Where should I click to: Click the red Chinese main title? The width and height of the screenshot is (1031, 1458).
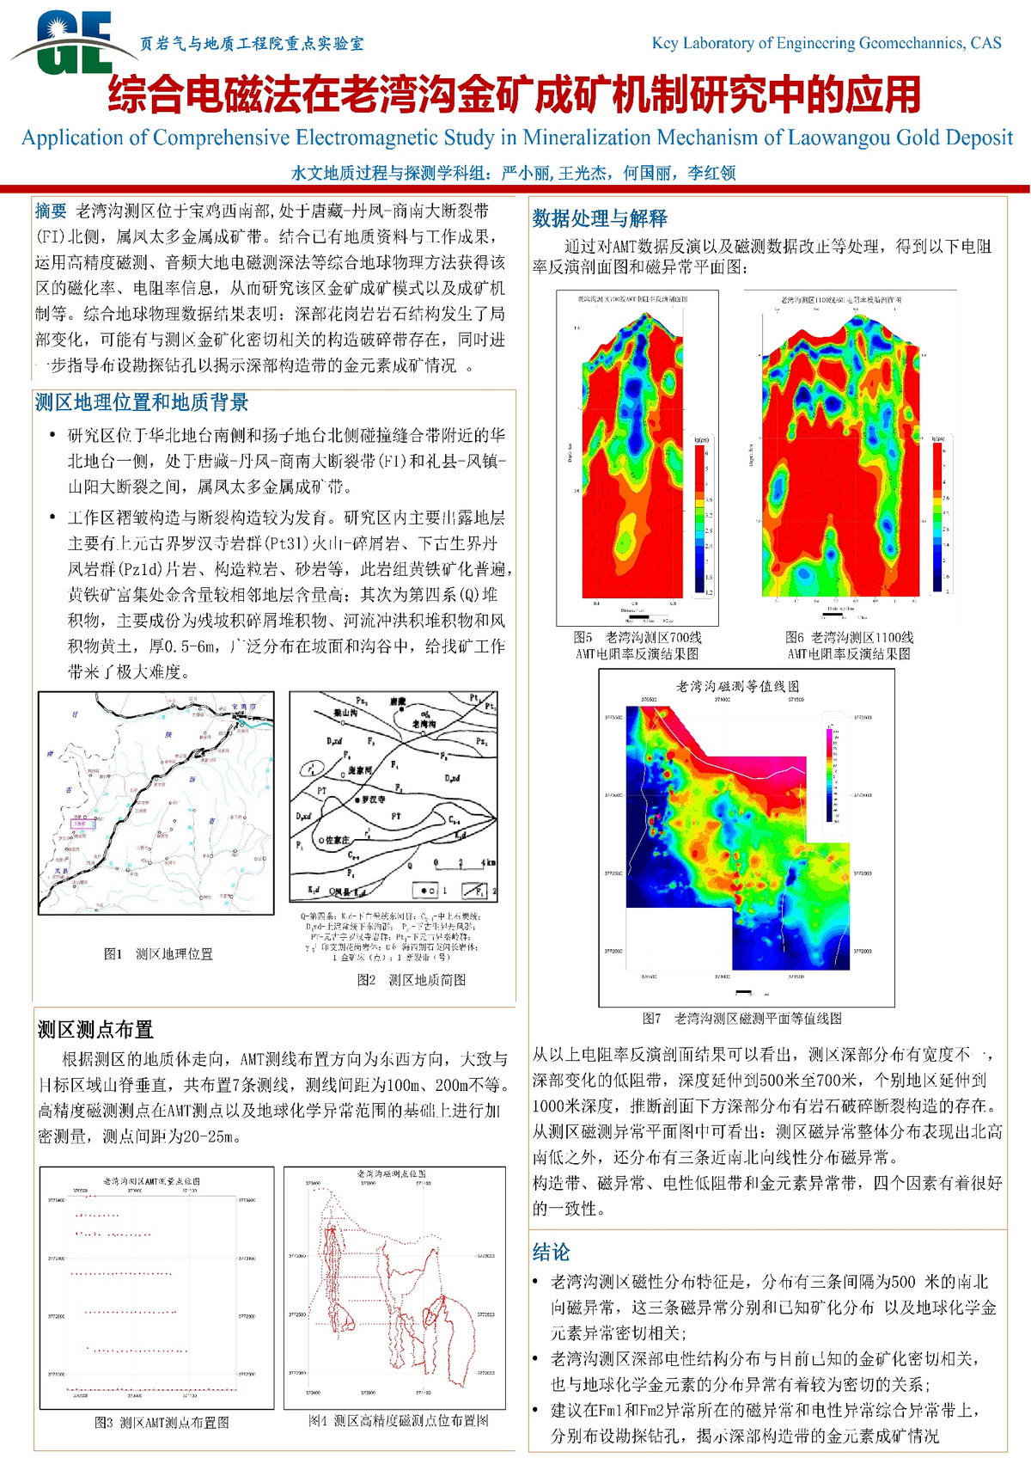[x=514, y=95]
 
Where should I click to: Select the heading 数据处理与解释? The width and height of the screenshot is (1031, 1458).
[x=600, y=218]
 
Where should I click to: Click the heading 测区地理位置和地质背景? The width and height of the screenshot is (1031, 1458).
[x=142, y=402]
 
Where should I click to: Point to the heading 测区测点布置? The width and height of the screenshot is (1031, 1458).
[x=95, y=1030]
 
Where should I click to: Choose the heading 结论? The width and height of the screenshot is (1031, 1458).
[x=551, y=1253]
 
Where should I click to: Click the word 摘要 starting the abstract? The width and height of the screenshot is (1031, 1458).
[x=51, y=211]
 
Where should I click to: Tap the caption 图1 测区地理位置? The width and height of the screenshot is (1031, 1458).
[x=158, y=954]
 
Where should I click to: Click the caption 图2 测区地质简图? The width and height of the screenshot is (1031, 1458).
[x=412, y=980]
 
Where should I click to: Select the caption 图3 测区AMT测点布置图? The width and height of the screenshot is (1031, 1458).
[x=162, y=1423]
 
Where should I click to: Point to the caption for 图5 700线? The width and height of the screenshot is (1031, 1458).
[x=638, y=646]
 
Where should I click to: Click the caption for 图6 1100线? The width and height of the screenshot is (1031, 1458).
[x=849, y=646]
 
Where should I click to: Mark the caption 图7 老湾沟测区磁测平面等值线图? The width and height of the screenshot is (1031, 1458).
[x=742, y=1019]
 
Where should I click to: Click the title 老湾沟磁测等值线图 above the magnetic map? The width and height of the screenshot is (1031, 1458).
[x=738, y=686]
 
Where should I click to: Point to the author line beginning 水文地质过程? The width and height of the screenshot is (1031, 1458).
[x=513, y=173]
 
